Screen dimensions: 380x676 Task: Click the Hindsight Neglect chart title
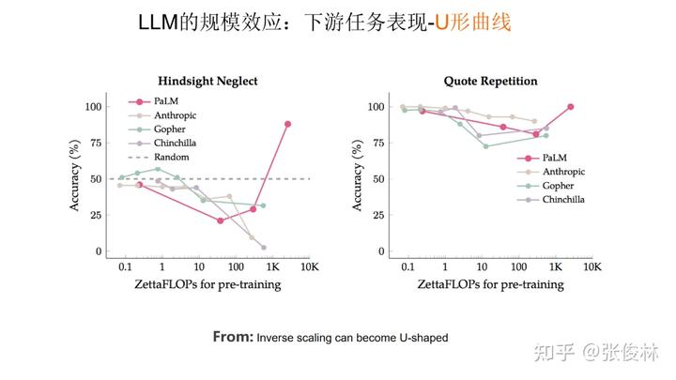(x=207, y=82)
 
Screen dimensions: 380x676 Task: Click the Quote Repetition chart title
(x=490, y=82)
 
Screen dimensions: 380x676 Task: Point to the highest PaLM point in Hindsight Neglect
(x=287, y=124)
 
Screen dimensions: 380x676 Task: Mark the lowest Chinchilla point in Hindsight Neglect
(x=263, y=248)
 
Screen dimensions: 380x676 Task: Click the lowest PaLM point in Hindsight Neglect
(x=220, y=220)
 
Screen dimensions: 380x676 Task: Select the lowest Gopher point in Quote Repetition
(x=484, y=146)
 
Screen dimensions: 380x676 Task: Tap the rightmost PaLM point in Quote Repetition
(x=570, y=107)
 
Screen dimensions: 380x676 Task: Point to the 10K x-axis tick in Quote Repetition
(x=591, y=267)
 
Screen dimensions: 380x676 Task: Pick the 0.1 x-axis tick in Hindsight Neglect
(x=125, y=267)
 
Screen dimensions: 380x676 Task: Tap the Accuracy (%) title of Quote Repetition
(x=357, y=178)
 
